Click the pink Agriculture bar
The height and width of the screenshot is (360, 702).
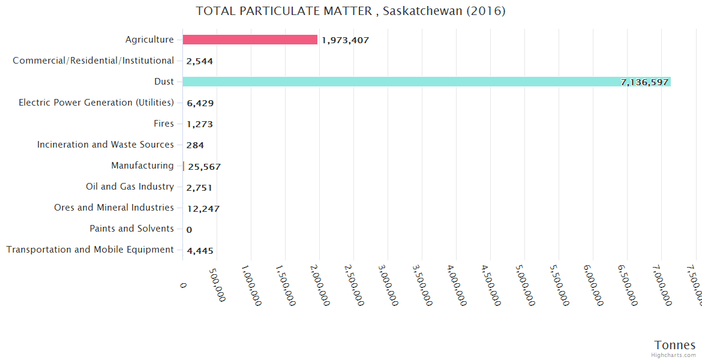250,40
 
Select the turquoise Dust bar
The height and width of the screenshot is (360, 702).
426,82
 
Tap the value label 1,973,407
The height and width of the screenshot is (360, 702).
345,40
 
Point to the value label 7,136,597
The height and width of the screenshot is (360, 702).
644,82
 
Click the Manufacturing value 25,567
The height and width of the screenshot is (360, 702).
204,166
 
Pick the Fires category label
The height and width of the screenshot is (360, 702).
164,124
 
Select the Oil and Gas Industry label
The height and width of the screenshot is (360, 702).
130,187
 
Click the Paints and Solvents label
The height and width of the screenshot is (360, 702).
131,229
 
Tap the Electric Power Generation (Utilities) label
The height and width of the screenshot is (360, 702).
96,103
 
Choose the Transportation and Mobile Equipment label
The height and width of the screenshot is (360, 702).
90,250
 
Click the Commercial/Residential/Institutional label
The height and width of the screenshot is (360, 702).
93,61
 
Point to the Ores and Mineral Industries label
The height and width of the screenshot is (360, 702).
114,208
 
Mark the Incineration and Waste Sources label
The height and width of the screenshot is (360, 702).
106,145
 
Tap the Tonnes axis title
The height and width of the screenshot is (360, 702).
674,345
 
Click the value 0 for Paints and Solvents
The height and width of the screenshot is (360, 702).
189,229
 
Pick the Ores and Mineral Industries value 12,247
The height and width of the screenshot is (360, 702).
203,208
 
